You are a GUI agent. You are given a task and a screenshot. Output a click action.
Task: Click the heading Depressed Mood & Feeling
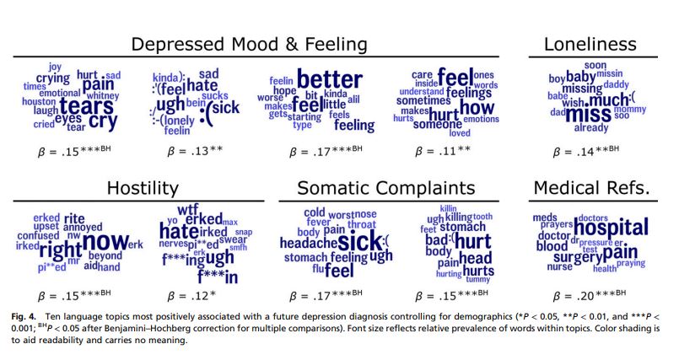(250, 44)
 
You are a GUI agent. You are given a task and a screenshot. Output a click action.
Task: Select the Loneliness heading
(590, 44)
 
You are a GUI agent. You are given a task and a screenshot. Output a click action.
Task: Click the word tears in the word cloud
(81, 106)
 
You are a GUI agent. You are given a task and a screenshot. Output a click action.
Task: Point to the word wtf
(187, 209)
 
